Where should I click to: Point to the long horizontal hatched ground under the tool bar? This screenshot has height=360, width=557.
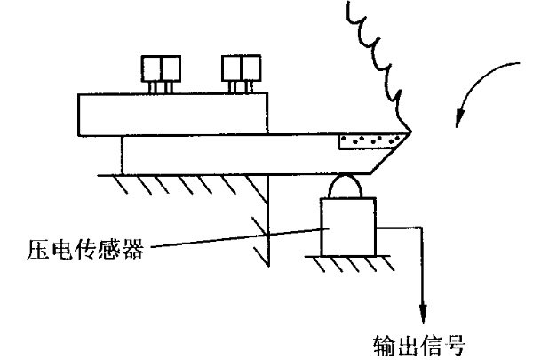(x=178, y=182)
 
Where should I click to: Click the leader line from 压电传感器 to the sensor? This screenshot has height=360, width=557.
(x=231, y=239)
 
